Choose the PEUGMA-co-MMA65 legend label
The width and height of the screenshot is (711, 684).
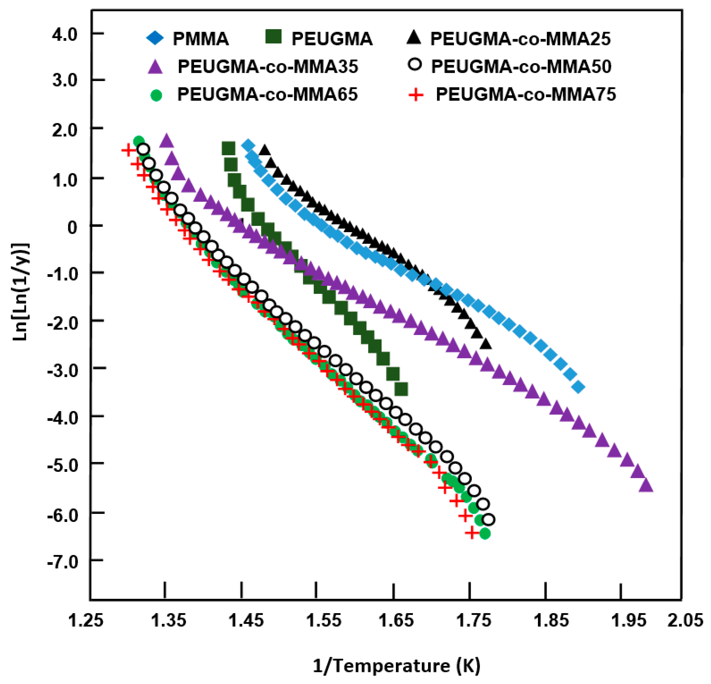click(267, 95)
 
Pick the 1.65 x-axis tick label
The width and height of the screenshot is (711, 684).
click(396, 620)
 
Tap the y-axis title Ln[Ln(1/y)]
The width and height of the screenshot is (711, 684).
click(21, 292)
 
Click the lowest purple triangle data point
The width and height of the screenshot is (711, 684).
click(645, 486)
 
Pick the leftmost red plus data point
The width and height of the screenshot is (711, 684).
click(128, 150)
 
